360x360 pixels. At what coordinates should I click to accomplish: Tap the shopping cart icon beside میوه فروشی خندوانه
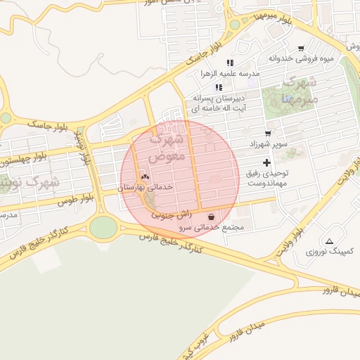pos(301,49)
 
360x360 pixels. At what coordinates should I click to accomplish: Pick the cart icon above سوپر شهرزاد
pos(268,133)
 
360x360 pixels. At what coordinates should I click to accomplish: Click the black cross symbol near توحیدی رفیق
pos(266,162)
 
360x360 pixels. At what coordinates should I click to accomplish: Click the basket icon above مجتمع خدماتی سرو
pos(212,217)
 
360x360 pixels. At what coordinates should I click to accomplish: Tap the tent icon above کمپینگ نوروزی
pos(329,241)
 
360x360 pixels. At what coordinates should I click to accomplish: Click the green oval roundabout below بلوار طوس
pos(103,227)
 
